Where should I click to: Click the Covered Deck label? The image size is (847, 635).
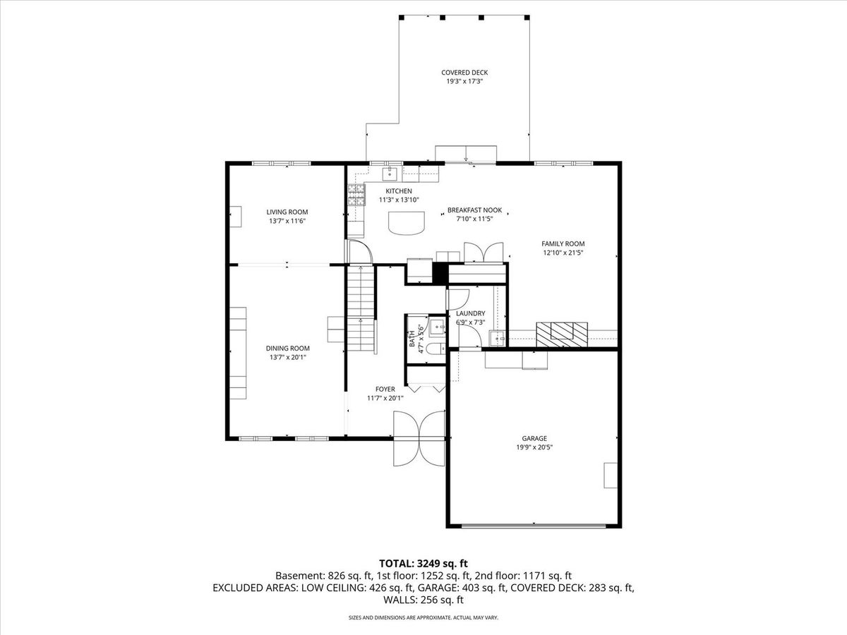pyautogui.click(x=464, y=73)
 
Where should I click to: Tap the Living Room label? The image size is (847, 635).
pyautogui.click(x=287, y=212)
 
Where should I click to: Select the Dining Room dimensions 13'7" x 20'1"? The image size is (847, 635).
pyautogui.click(x=287, y=358)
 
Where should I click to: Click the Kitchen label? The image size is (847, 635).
pyautogui.click(x=399, y=190)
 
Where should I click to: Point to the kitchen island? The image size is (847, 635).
pyautogui.click(x=407, y=223)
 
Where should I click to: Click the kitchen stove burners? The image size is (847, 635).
pyautogui.click(x=356, y=195)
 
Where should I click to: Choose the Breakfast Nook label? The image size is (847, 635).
pyautogui.click(x=474, y=210)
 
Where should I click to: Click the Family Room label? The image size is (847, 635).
pyautogui.click(x=563, y=243)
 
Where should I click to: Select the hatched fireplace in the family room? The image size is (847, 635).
pyautogui.click(x=562, y=334)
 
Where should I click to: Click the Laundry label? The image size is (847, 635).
pyautogui.click(x=470, y=313)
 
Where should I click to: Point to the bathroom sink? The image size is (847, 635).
pyautogui.click(x=438, y=327)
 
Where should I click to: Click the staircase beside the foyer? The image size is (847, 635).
pyautogui.click(x=361, y=308)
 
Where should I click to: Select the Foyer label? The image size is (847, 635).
pyautogui.click(x=385, y=389)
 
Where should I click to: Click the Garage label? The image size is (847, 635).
pyautogui.click(x=534, y=438)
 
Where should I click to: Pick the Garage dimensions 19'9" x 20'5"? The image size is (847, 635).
pyautogui.click(x=534, y=447)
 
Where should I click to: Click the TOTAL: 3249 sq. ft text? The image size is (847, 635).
pyautogui.click(x=423, y=564)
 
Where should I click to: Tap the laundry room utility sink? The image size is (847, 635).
pyautogui.click(x=497, y=338)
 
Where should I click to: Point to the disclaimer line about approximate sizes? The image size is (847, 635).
pyautogui.click(x=423, y=617)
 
